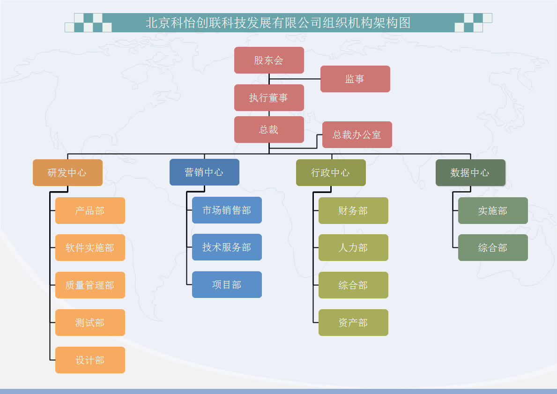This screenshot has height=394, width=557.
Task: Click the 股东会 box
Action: (269, 60)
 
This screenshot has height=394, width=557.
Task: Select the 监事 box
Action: (355, 79)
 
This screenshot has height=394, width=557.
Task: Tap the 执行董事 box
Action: (269, 98)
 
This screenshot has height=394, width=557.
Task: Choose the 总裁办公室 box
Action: (357, 134)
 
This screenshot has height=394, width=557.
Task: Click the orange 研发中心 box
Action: (67, 173)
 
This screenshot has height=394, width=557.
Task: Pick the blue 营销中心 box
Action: (204, 172)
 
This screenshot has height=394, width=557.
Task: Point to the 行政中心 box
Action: (331, 173)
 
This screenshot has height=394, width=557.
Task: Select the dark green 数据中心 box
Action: (470, 173)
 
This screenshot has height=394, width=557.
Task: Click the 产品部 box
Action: (90, 211)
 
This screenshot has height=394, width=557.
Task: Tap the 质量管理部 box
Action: (90, 285)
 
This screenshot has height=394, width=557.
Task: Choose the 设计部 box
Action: (90, 360)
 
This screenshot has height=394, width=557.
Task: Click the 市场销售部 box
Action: (227, 210)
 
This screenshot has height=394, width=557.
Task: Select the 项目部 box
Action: (227, 284)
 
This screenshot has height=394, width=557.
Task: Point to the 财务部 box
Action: (353, 211)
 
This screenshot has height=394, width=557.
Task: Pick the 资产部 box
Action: (353, 323)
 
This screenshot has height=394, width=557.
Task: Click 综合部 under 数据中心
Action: (493, 248)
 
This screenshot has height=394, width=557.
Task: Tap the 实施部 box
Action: (493, 211)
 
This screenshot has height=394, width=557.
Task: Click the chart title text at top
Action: (278, 23)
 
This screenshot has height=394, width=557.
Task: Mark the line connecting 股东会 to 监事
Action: (295, 79)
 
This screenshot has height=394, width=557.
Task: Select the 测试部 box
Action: (90, 323)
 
